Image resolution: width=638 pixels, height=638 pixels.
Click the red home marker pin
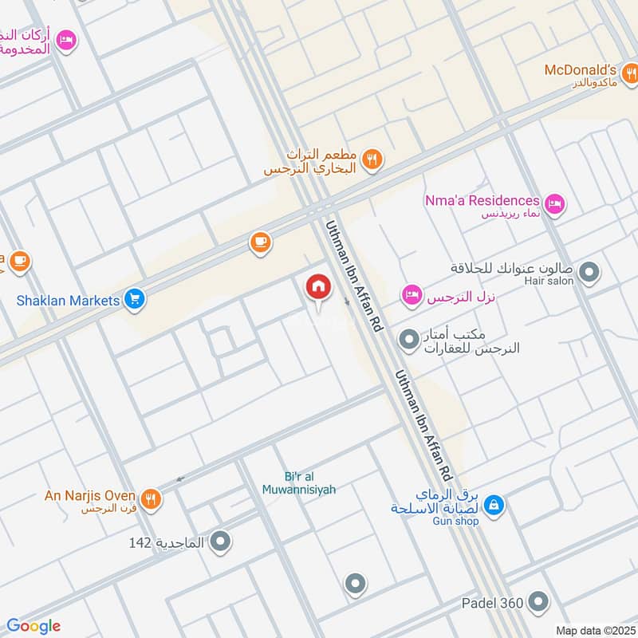(318, 287)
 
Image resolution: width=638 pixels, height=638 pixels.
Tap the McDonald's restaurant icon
(630, 74)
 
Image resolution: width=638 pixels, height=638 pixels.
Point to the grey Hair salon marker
(589, 274)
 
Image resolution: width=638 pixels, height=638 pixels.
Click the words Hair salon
(549, 282)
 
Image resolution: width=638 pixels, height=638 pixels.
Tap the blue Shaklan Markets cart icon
(135, 300)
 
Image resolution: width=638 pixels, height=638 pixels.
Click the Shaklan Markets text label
(69, 301)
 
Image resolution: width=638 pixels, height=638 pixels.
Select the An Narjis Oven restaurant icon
(151, 500)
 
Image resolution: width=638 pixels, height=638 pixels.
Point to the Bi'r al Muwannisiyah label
(299, 483)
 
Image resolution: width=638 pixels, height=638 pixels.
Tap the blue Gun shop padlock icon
(494, 506)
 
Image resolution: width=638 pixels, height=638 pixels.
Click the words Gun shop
(457, 521)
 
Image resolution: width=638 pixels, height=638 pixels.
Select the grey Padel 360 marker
(539, 601)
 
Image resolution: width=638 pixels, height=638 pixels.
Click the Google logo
(33, 626)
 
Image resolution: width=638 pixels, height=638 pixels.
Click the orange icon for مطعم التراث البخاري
(371, 160)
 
